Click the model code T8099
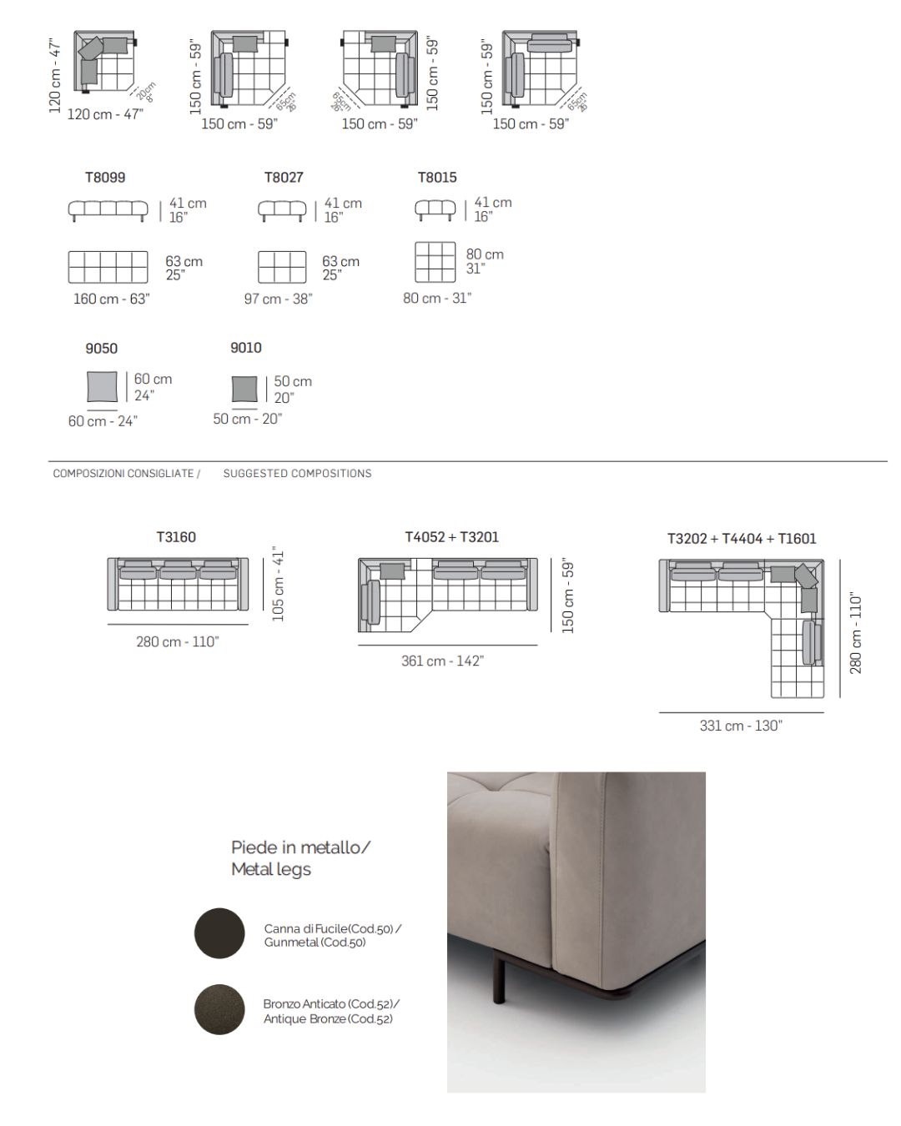[x=105, y=177]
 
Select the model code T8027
[x=284, y=177]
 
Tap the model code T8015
[x=437, y=177]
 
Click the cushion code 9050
[x=101, y=348]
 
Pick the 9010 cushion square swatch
[x=244, y=390]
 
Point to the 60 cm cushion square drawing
[x=103, y=388]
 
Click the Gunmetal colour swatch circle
[x=219, y=933]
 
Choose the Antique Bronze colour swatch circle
[x=219, y=1009]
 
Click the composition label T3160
[x=176, y=537]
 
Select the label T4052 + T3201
[x=452, y=537]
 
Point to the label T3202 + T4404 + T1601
[x=742, y=539]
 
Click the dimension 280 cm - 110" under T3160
[x=177, y=641]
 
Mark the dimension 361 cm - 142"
[x=442, y=661]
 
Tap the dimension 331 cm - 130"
[x=741, y=726]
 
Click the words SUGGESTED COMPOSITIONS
[x=297, y=473]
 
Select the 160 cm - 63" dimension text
[x=111, y=299]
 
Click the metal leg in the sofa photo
[x=500, y=979]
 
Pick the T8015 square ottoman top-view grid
[x=435, y=263]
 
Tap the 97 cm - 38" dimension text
[x=278, y=299]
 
